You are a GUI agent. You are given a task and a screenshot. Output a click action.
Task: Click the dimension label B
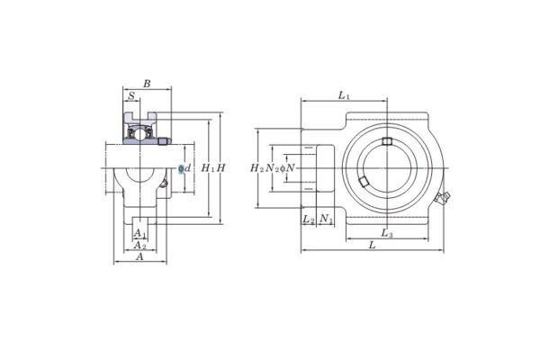click(x=147, y=84)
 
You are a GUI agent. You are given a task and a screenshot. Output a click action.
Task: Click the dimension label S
click(x=131, y=96)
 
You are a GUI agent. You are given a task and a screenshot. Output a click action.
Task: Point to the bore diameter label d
click(x=188, y=168)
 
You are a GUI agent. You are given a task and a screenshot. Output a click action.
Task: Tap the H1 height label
click(x=208, y=168)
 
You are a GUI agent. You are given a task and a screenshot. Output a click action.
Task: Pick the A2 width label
click(x=139, y=245)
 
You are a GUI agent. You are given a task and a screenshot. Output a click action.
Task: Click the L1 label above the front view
click(x=344, y=95)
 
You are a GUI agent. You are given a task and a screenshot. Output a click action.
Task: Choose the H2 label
click(x=256, y=168)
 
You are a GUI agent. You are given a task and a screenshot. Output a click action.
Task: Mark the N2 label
click(x=271, y=168)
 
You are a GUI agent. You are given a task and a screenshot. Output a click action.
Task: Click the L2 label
click(x=308, y=219)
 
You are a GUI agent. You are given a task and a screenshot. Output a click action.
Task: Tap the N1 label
click(x=326, y=219)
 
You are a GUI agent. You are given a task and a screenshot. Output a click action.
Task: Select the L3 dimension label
click(x=386, y=233)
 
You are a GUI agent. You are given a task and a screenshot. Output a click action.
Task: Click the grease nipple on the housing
click(x=443, y=197)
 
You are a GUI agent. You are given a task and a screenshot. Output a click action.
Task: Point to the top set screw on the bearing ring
click(x=387, y=141)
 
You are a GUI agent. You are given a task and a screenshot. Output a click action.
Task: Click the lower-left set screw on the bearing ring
click(x=364, y=183)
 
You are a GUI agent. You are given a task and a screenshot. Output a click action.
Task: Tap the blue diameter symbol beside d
click(x=181, y=168)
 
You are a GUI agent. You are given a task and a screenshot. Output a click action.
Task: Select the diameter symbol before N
click(x=283, y=168)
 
